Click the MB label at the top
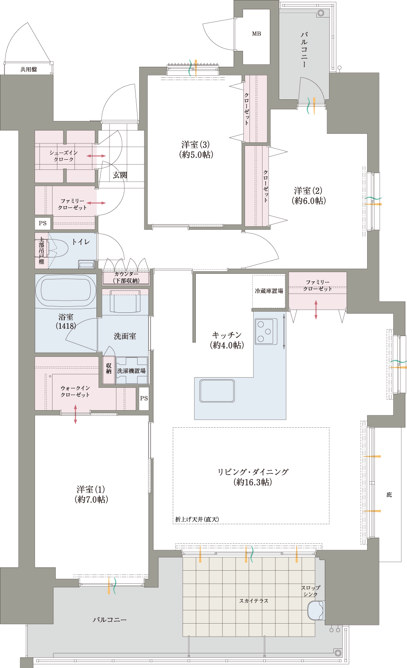pos(256,34)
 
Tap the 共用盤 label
pos(28,70)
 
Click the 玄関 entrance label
pos(120,175)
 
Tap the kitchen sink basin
pos(217,391)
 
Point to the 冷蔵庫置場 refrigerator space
pos(269,291)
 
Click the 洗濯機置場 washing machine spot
pos(131,371)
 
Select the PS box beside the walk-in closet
pos(144,398)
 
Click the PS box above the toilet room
pos(43,223)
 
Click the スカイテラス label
pos(254,601)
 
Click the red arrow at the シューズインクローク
pos(96,156)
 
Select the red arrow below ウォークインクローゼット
pos(75,414)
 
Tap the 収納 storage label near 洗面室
pos(109,368)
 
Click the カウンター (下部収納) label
pos(126,277)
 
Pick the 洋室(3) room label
pos(196,149)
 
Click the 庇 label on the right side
pos(389,495)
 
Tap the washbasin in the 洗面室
pos(125,301)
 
